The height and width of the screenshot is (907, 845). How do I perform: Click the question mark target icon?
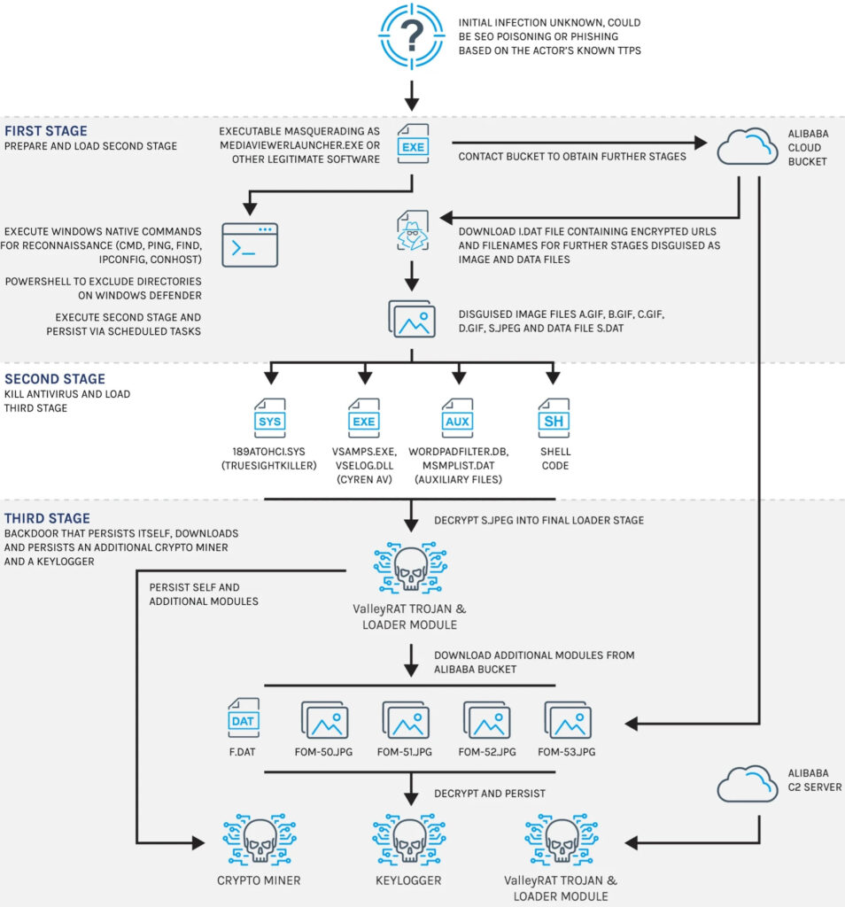coord(411,35)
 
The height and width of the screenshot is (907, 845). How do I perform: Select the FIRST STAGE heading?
coord(46,131)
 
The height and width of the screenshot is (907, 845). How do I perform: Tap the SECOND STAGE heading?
coord(55,379)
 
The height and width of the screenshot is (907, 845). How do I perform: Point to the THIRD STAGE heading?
coord(48,518)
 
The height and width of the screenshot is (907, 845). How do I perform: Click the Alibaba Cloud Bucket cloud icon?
coord(748,146)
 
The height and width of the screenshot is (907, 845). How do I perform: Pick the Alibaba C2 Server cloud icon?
coord(748,784)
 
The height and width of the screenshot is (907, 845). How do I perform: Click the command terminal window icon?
coord(250,244)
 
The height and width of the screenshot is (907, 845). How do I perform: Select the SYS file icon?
coord(270,418)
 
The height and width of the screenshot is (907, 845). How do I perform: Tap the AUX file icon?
coord(458,418)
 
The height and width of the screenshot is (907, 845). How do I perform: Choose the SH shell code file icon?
coord(554,418)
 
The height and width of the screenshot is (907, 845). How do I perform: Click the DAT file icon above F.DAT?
coord(244,717)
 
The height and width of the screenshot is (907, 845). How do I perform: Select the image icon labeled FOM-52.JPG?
coord(487,720)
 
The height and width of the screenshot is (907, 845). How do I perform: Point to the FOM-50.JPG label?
coord(323,752)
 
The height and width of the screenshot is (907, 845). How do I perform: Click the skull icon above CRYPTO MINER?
coord(260,840)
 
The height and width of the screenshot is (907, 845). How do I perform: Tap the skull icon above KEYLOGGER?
coord(409,840)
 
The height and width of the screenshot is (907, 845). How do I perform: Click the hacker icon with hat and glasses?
coord(413,230)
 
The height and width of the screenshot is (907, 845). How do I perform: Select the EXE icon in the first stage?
coord(413,143)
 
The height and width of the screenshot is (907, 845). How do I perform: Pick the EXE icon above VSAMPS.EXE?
coord(364,418)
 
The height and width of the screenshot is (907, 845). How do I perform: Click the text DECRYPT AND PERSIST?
coord(489,794)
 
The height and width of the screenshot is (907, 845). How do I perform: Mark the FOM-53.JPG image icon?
coord(568,720)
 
